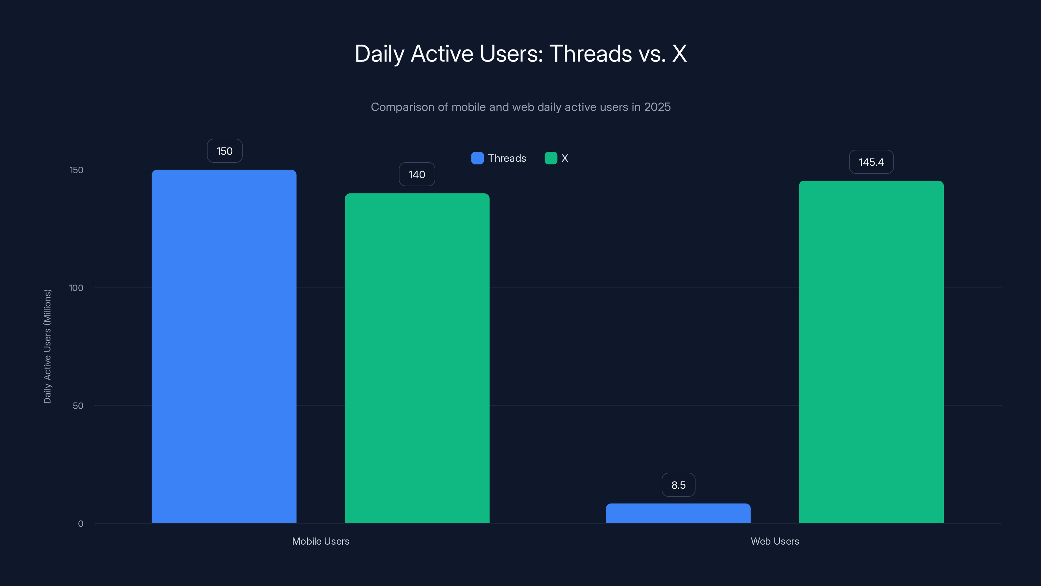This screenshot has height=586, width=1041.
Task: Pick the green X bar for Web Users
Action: pyautogui.click(x=871, y=352)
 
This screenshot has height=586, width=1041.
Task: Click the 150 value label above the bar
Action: pyautogui.click(x=225, y=151)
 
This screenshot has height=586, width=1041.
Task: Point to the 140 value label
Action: pyautogui.click(x=417, y=174)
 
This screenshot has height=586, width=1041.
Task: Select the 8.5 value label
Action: pyautogui.click(x=679, y=485)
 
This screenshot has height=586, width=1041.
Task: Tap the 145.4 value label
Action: pyautogui.click(x=871, y=162)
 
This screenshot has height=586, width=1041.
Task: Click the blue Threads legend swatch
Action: pyautogui.click(x=477, y=158)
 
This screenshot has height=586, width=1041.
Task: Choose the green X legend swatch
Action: pyautogui.click(x=551, y=158)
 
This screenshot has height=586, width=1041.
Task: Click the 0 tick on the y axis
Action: pyautogui.click(x=80, y=524)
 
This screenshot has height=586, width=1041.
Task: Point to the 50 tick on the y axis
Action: pyautogui.click(x=78, y=406)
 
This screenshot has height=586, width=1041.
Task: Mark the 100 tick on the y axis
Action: pyautogui.click(x=76, y=288)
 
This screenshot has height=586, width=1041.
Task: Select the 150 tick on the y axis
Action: pyautogui.click(x=76, y=170)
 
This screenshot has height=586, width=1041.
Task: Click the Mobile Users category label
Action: pyautogui.click(x=320, y=541)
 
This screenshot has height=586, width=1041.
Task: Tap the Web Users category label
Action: pyautogui.click(x=775, y=541)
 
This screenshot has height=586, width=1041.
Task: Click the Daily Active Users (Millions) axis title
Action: pyautogui.click(x=47, y=346)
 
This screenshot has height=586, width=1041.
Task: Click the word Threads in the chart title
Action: pyautogui.click(x=590, y=53)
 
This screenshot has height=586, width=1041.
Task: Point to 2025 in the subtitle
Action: pyautogui.click(x=657, y=107)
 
